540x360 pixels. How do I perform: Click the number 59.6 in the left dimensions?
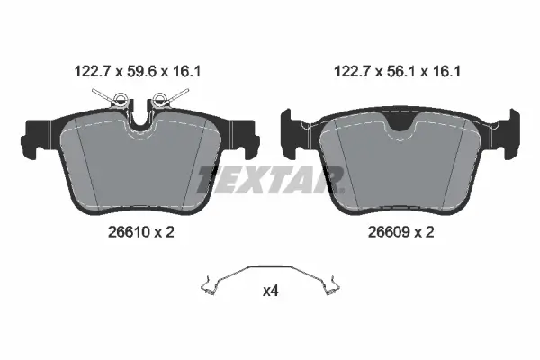[142, 72]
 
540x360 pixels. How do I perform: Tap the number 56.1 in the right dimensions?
[402, 72]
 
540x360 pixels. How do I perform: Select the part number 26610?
[129, 232]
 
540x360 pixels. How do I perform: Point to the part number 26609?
[389, 232]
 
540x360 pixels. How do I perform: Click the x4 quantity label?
[270, 292]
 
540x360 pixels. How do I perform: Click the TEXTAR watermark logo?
[271, 179]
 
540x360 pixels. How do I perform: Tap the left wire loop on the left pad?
[121, 99]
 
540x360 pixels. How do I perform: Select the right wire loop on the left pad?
[159, 98]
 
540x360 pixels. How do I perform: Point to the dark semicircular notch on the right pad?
[400, 122]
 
